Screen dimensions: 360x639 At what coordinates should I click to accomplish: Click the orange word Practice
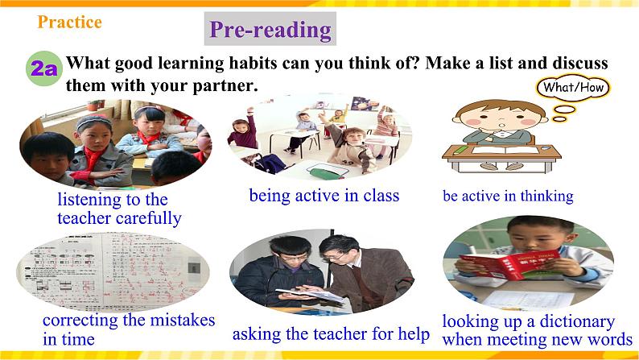tap(69, 23)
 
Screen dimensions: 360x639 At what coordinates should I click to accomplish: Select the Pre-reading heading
tap(270, 30)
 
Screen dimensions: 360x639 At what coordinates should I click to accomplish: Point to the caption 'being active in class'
tap(324, 195)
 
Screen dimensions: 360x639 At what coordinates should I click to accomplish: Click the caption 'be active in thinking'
tap(508, 196)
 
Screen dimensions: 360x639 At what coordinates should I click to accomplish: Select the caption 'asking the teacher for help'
tap(331, 333)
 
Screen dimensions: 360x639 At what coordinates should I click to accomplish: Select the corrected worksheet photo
tap(113, 271)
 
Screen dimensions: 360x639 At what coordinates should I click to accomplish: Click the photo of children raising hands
tap(319, 136)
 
